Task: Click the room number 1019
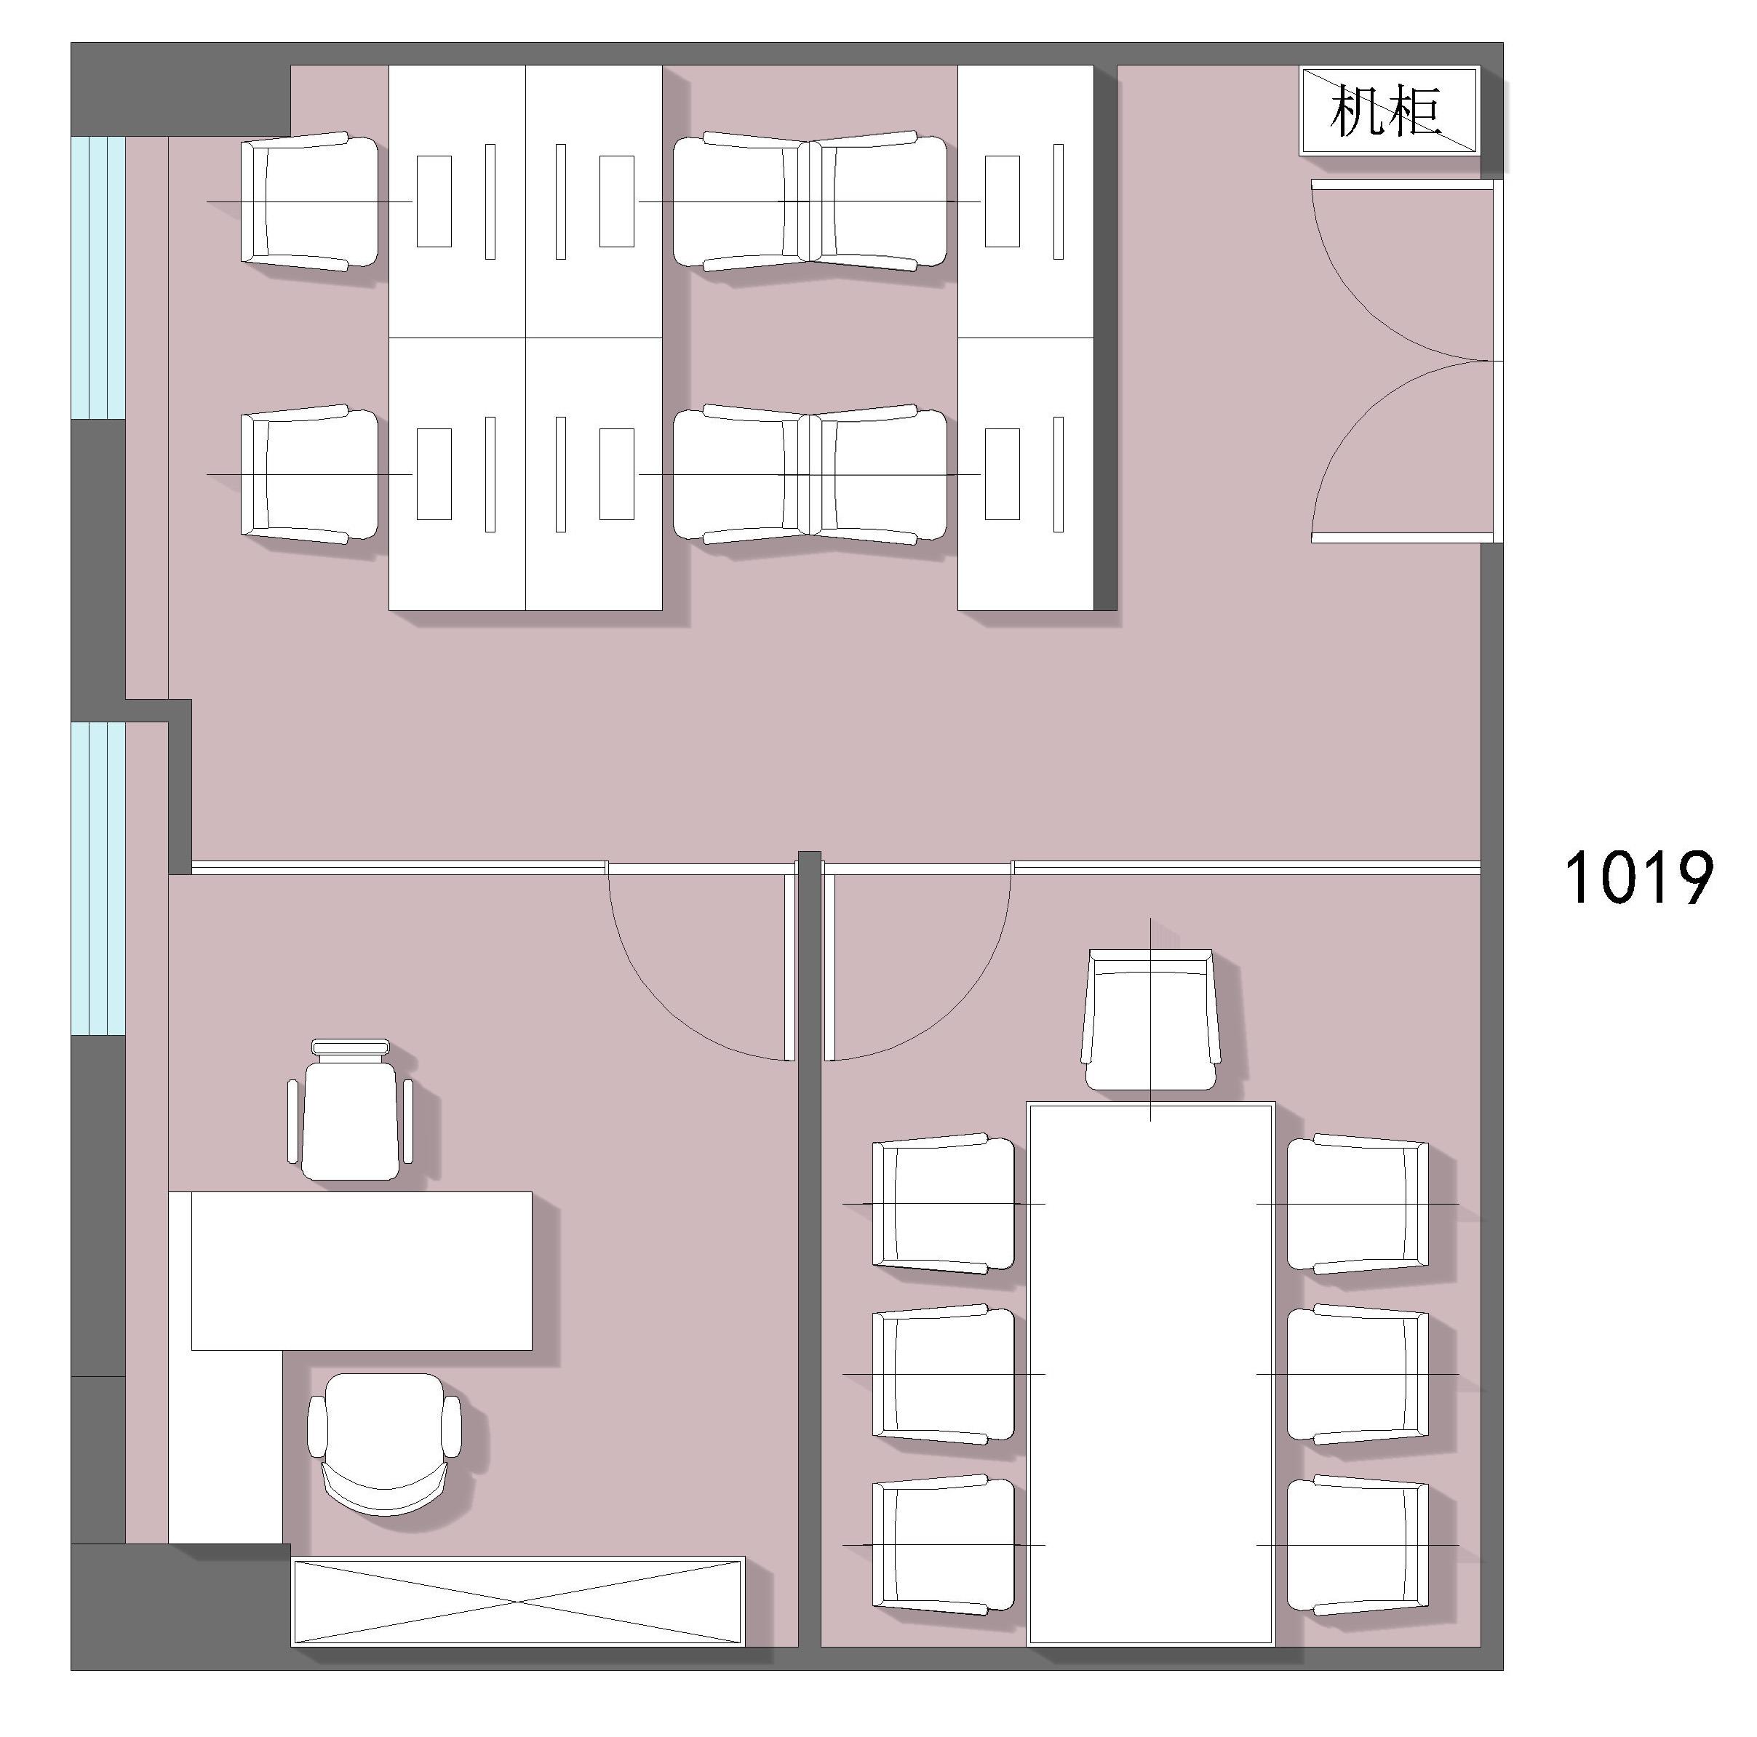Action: [1638, 878]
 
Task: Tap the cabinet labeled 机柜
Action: [1390, 110]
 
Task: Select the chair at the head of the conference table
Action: [1151, 1020]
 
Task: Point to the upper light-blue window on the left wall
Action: [98, 277]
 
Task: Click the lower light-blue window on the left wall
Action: [98, 879]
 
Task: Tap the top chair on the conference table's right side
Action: [1358, 1203]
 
